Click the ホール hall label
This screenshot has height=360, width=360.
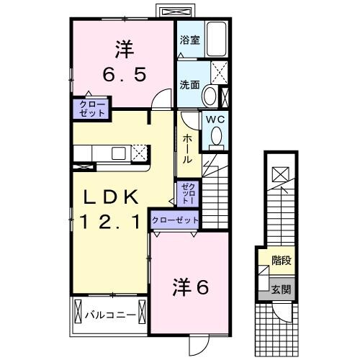[186, 149]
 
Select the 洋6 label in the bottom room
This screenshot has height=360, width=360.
[190, 287]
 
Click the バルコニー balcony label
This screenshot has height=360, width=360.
[109, 314]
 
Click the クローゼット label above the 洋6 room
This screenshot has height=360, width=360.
[175, 220]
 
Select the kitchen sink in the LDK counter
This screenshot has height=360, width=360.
[115, 153]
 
